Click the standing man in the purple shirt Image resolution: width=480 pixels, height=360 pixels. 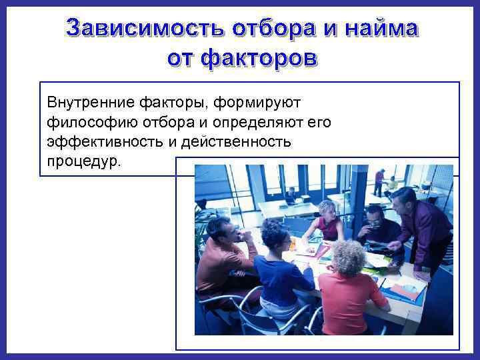tap(420, 227)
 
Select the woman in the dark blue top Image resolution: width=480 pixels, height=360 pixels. tap(280, 267)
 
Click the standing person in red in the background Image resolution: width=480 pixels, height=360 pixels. tap(379, 181)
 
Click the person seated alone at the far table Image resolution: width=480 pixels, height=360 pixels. tap(291, 195)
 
